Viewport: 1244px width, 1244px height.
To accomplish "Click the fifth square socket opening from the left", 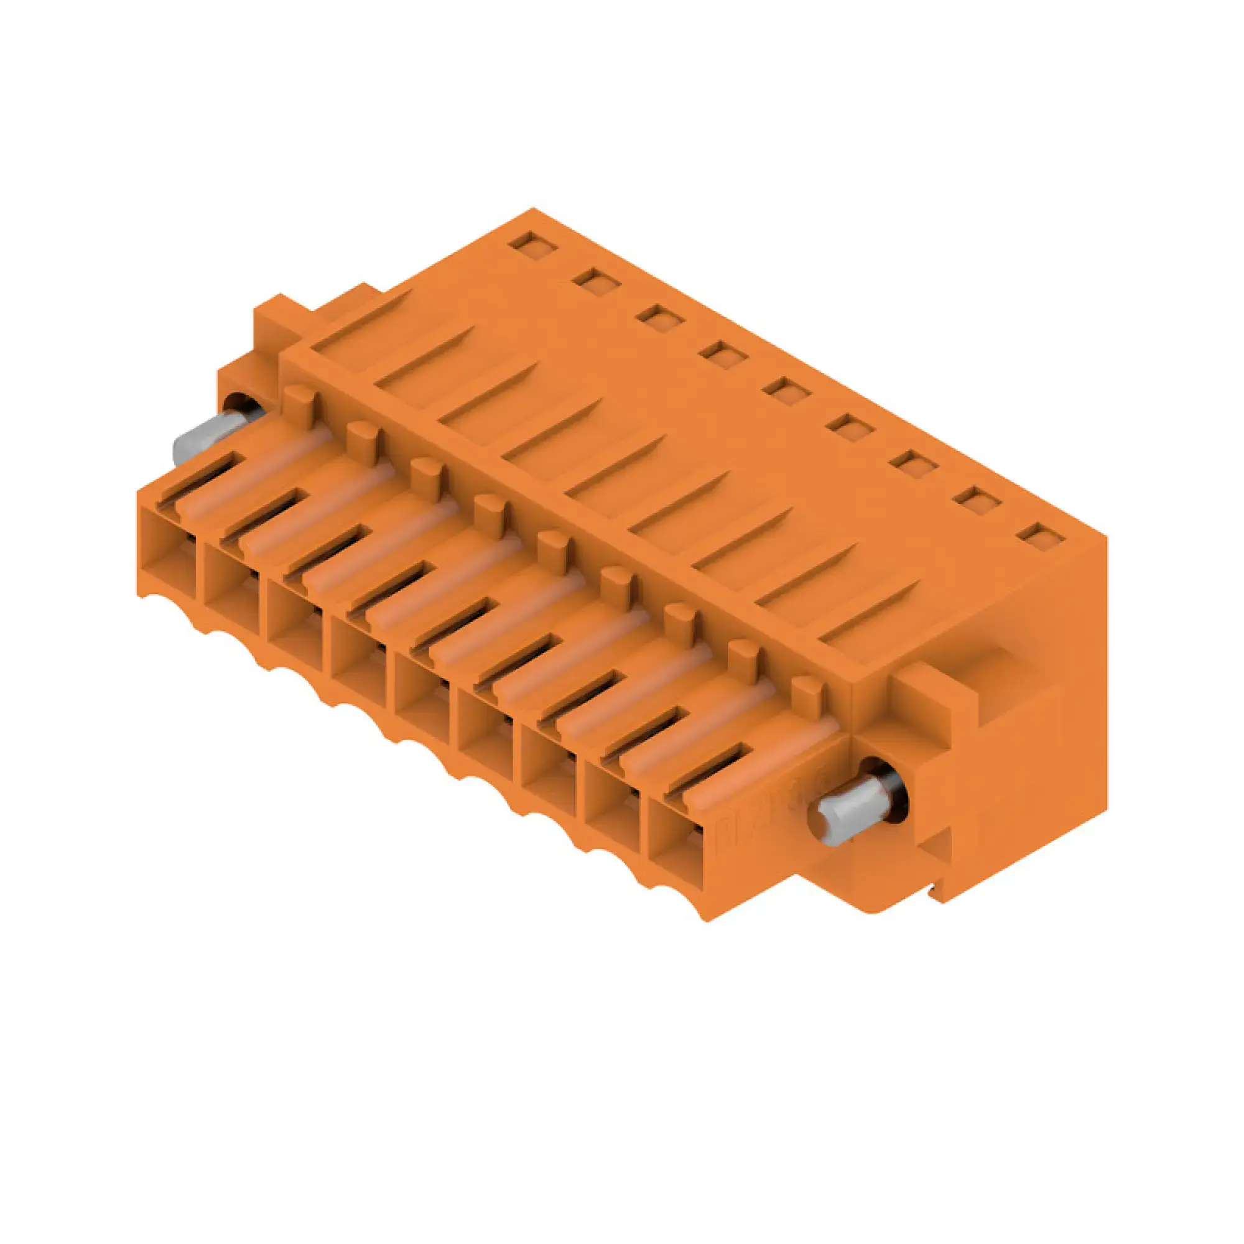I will click(x=422, y=692).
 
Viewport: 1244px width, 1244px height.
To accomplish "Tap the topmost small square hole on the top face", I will click(x=527, y=245).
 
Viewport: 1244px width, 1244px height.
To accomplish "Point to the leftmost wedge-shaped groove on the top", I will click(x=361, y=320).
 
